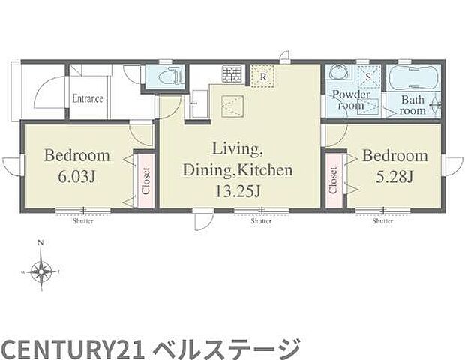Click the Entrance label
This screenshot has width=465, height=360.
(x=88, y=98)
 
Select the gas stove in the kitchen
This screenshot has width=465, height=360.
(x=231, y=74)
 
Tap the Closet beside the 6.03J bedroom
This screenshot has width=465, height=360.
(x=145, y=181)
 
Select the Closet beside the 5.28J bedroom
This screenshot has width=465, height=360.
(x=331, y=181)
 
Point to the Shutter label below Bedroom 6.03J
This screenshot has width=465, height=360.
(x=83, y=221)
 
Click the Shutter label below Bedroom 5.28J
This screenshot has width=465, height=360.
(x=382, y=221)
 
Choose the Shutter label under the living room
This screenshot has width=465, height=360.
(x=261, y=221)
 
